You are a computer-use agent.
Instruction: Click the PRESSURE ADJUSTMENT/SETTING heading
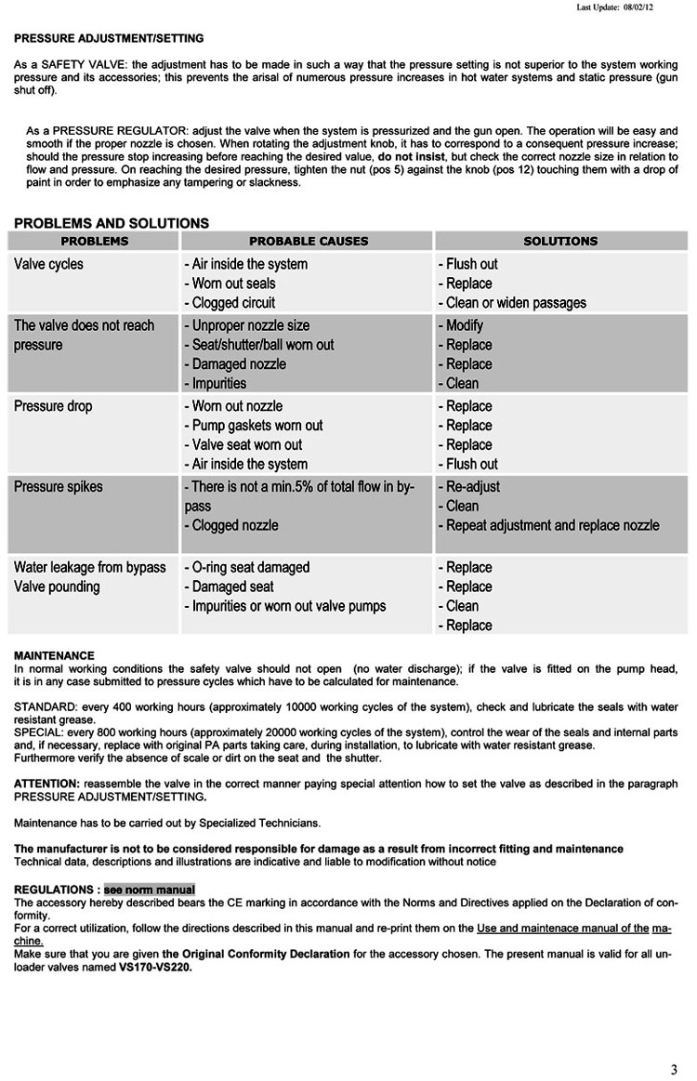(x=109, y=38)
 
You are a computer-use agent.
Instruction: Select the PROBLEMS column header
(x=94, y=241)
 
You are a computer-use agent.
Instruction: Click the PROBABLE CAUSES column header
(x=309, y=241)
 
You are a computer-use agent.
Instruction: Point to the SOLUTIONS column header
(x=560, y=241)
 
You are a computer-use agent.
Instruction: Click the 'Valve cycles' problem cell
(x=48, y=264)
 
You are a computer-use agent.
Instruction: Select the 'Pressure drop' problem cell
(x=53, y=406)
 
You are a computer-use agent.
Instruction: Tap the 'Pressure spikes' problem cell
(x=59, y=486)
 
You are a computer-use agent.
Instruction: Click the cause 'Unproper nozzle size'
(x=250, y=325)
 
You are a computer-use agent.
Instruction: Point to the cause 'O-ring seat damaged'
(x=249, y=567)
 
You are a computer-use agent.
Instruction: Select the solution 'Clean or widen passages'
(x=512, y=303)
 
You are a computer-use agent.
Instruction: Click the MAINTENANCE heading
(x=54, y=656)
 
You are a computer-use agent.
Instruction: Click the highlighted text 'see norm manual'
(x=150, y=890)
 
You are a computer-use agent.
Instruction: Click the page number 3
(x=674, y=1067)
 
